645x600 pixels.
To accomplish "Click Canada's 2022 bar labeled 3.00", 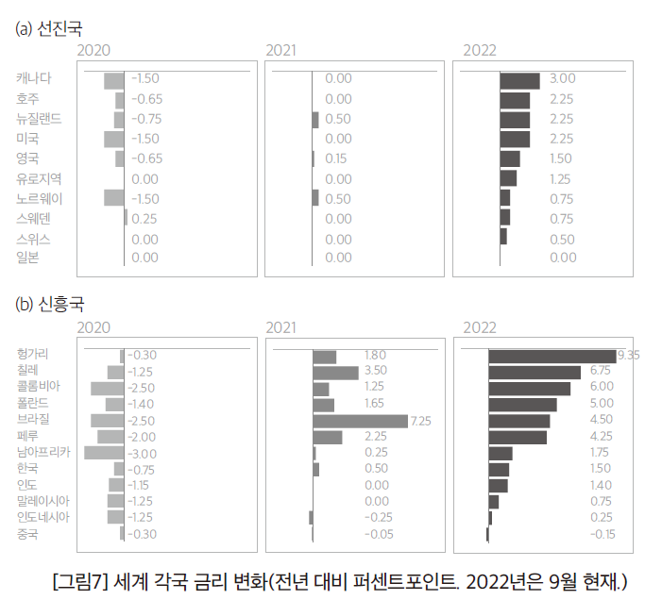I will point(519,80).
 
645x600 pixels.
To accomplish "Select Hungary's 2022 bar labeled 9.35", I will point(552,356).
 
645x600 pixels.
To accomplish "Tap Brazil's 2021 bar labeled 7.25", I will point(360,421).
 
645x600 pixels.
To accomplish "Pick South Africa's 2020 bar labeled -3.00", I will point(104,453).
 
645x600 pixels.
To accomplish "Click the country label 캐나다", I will point(33,78).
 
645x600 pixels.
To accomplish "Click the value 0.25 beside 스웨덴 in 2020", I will point(144,219).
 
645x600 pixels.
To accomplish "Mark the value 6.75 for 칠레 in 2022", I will point(601,371).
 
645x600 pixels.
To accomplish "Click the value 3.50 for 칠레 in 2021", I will point(375,371).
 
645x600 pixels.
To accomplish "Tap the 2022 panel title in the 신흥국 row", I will point(480,327).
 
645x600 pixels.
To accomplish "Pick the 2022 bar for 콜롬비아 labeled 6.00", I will point(529,389).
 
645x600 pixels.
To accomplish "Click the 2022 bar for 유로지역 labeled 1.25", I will point(508,178).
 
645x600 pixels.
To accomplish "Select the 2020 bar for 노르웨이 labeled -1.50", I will point(113,198).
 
